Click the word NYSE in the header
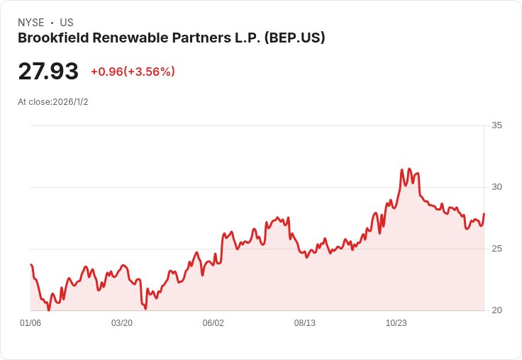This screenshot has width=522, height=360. coord(30,23)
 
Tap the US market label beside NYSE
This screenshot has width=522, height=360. coord(67,23)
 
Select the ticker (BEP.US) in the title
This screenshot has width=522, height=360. coord(294,38)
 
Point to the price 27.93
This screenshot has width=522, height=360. coord(48,72)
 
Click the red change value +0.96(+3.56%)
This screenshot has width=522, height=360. coord(133,72)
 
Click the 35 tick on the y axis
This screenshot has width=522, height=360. coord(496,125)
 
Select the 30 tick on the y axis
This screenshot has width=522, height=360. coord(496,187)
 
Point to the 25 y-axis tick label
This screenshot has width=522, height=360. coord(496,249)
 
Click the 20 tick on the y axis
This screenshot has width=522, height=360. coord(496,310)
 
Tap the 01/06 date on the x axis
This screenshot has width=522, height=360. coord(30,323)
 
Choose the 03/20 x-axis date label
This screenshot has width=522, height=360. coord(122,323)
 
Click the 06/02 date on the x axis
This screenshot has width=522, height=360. coord(213,323)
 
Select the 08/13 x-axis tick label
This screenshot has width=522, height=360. coord(305,323)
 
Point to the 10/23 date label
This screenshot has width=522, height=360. coord(396,323)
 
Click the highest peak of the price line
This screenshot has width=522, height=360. coord(409,169)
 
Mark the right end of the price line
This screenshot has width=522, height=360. coord(484,214)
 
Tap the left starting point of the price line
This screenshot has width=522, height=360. coord(31,265)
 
